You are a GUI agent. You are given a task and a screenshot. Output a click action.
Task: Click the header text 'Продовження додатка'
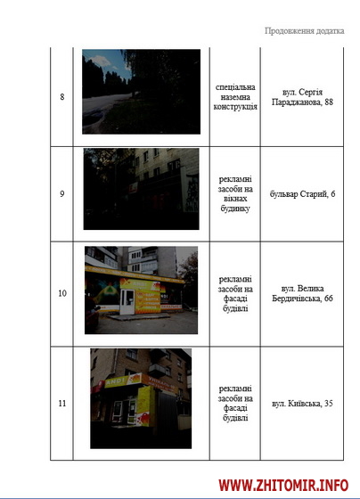click(x=304, y=31)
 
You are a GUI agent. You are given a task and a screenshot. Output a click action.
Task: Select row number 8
click(x=62, y=97)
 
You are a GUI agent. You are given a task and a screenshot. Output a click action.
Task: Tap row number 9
click(x=62, y=194)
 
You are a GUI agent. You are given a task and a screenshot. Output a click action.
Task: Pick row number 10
click(x=62, y=293)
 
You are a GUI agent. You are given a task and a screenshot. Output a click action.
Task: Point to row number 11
click(x=62, y=403)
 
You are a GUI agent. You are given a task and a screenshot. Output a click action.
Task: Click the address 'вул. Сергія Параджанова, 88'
click(x=302, y=97)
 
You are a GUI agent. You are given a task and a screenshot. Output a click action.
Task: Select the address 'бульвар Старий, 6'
click(x=302, y=194)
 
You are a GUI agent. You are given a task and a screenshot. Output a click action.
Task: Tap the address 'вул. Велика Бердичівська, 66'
click(x=302, y=293)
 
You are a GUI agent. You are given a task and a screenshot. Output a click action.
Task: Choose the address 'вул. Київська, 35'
click(x=302, y=403)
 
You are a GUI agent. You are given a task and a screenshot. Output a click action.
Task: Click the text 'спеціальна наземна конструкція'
click(x=235, y=97)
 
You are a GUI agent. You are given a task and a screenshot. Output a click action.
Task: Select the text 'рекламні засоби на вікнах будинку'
click(x=235, y=194)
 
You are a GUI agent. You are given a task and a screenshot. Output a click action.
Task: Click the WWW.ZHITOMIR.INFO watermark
click(x=283, y=486)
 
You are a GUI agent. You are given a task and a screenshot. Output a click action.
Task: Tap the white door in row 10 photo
click(x=127, y=302)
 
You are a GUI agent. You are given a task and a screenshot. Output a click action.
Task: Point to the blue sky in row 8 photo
click(x=107, y=62)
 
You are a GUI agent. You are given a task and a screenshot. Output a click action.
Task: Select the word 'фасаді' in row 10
click(x=235, y=299)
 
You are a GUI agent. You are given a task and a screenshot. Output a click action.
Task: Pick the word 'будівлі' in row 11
click(x=235, y=418)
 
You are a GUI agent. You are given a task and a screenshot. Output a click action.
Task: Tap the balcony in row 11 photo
click(x=157, y=371)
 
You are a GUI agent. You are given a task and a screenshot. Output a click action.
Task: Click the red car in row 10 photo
click(x=92, y=315)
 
